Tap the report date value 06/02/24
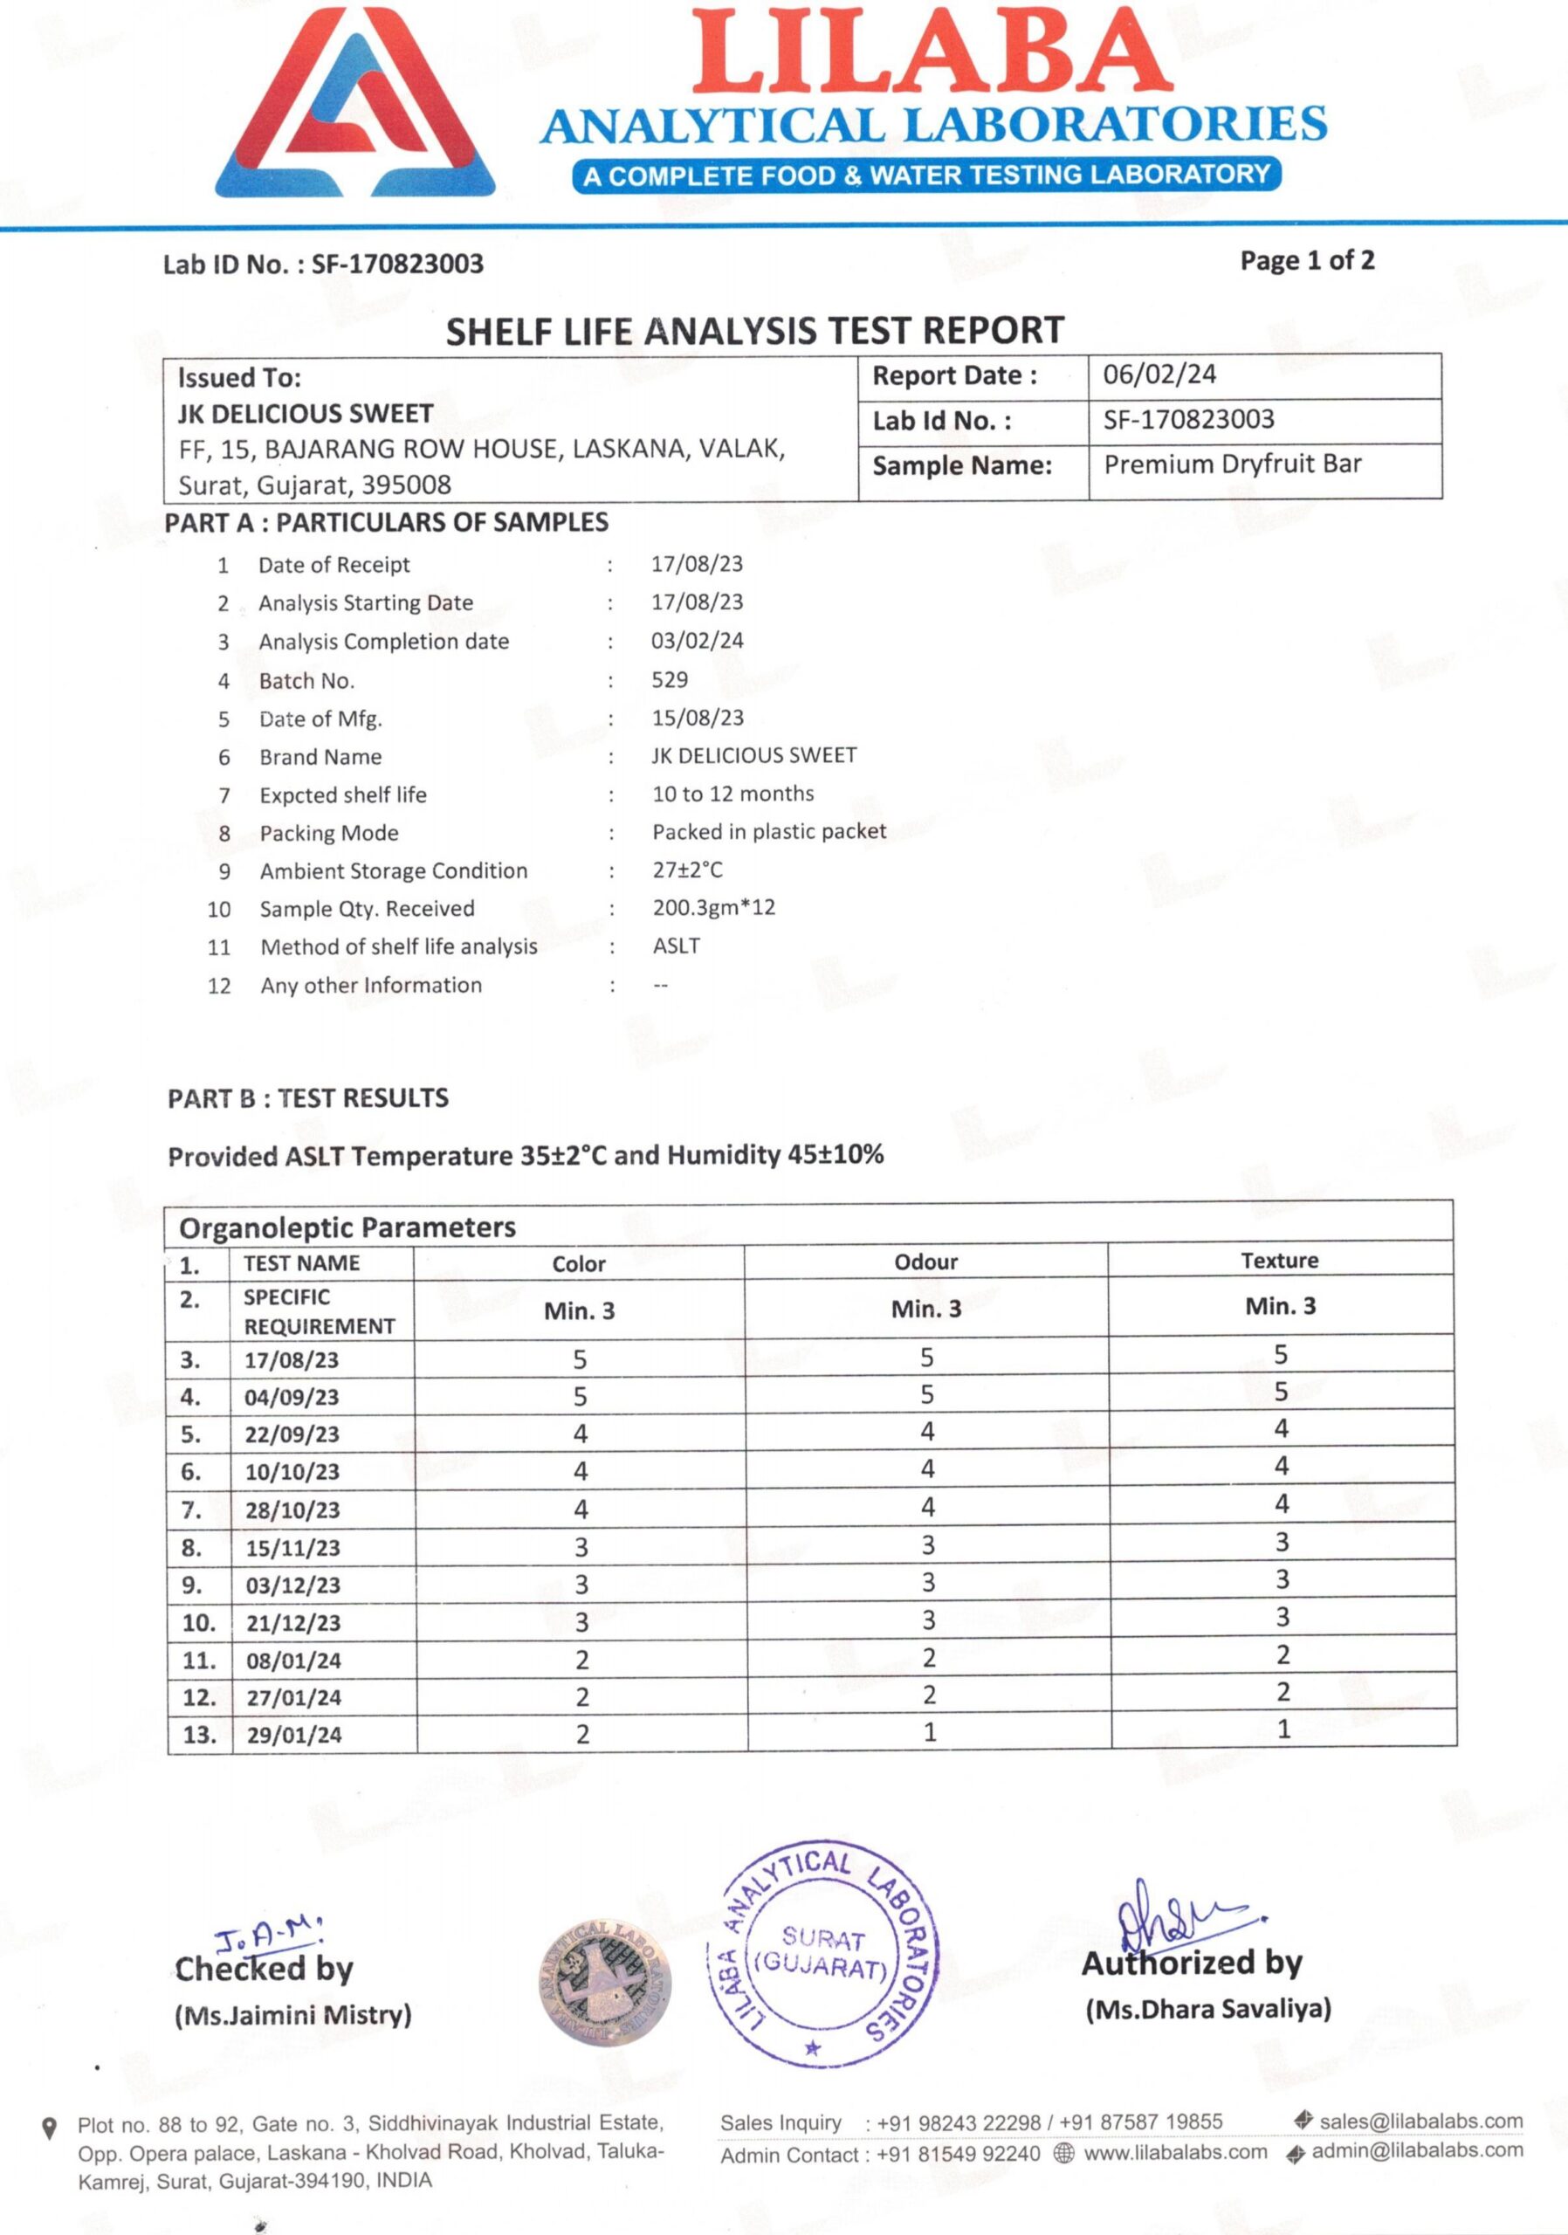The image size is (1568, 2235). pos(1159,375)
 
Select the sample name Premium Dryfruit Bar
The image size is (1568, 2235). pos(1231,464)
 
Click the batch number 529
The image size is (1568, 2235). pos(670,679)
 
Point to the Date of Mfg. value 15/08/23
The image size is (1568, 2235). pos(697,718)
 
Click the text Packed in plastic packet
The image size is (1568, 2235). pos(769,831)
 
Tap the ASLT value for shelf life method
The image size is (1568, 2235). pos(676,946)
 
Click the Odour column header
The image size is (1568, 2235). pos(925,1262)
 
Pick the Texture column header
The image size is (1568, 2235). pos(1279,1260)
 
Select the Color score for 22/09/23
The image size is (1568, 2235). pos(580,1433)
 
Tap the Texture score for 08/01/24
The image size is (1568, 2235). pos(1283,1654)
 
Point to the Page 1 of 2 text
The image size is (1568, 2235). pos(1306,260)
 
